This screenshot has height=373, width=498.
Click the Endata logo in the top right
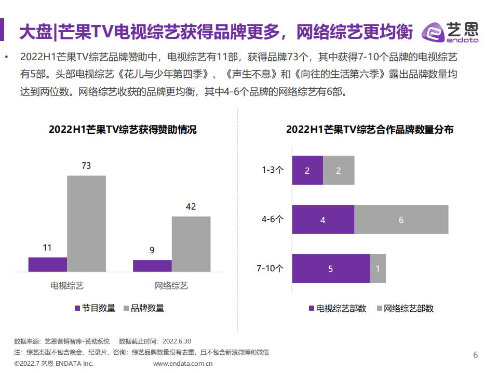[x=450, y=32]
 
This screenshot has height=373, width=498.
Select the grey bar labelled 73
[x=86, y=223]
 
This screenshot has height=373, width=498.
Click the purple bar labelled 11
[x=48, y=264]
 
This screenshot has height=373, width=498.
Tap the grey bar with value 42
[x=191, y=244]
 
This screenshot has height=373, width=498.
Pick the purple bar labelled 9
[x=152, y=266]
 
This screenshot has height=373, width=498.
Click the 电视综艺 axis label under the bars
[x=67, y=285]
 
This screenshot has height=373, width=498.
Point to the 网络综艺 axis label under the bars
[x=171, y=285]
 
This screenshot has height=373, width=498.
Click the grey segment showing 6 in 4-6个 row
[x=401, y=219]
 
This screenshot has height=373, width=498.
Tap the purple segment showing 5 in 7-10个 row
[x=331, y=269]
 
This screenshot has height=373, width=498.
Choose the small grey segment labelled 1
[x=378, y=269]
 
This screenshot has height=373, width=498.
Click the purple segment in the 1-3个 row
[x=307, y=170]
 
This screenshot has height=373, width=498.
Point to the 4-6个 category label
[x=272, y=219]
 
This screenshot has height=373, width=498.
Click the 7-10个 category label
[x=270, y=269]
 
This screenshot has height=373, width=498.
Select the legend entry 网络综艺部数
[x=408, y=308]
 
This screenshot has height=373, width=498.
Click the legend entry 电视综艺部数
[x=341, y=308]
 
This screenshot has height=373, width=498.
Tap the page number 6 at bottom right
[x=475, y=355]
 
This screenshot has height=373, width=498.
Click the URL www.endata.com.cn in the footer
[x=183, y=363]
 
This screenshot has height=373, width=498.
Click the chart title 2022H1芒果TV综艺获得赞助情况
[x=123, y=130]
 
